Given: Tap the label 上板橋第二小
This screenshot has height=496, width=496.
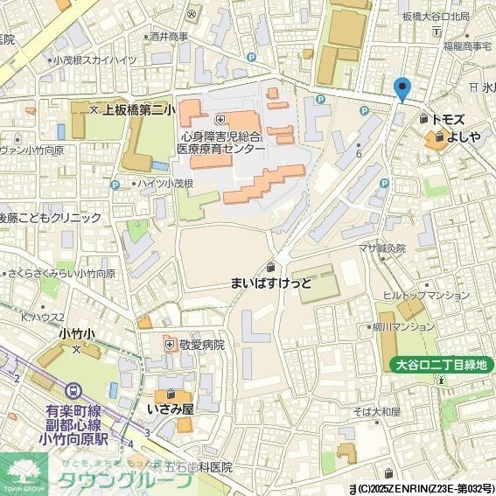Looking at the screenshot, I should coord(139,110).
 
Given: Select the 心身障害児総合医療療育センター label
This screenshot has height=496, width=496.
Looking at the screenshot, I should coord(220,143).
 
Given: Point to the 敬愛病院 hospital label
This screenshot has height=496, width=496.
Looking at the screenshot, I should coord(201,345).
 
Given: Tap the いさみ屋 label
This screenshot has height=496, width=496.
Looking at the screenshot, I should coord(170,409).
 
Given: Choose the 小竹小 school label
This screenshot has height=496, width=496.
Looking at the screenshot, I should coord(76,333).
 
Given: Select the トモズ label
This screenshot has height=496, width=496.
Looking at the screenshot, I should coord(454,118).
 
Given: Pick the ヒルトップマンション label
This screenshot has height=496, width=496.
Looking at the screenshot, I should coord(426,296).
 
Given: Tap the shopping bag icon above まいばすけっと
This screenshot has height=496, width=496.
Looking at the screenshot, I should coord(271,267).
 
